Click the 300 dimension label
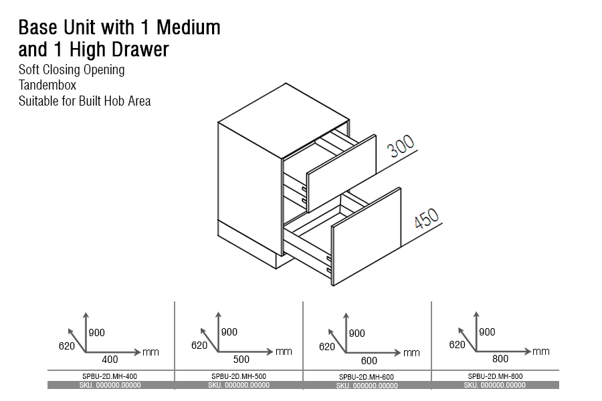click(x=401, y=146)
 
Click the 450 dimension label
click(x=427, y=219)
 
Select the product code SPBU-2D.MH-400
click(x=110, y=376)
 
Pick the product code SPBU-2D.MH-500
click(x=239, y=376)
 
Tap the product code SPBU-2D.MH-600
click(x=367, y=377)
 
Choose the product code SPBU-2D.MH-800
click(x=495, y=376)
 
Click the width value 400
click(x=110, y=360)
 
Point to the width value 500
click(x=241, y=360)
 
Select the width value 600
click(x=369, y=361)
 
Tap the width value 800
click(x=500, y=359)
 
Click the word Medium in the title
click(x=189, y=27)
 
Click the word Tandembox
click(x=47, y=85)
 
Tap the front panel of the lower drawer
click(x=367, y=237)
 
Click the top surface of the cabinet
click(x=284, y=120)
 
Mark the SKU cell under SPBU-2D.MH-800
click(x=495, y=385)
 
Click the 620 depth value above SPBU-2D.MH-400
click(x=67, y=346)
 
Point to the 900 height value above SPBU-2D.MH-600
click(x=357, y=333)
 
